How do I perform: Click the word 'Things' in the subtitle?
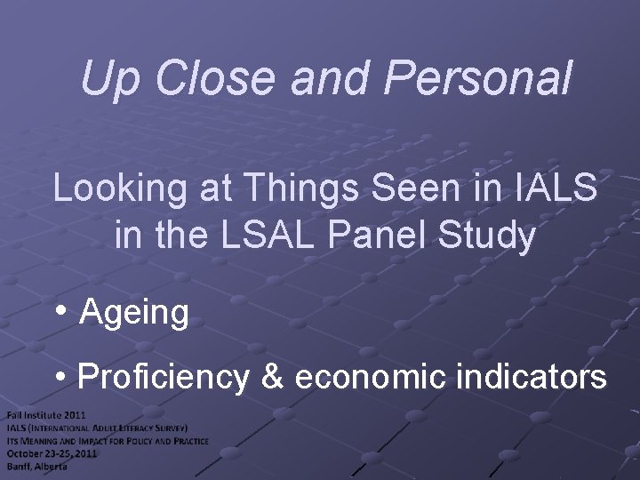coord(285,191)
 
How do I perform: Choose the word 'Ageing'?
coord(134,314)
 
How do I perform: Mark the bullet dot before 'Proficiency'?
coord(60,377)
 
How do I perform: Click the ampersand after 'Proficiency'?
coord(271,377)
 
